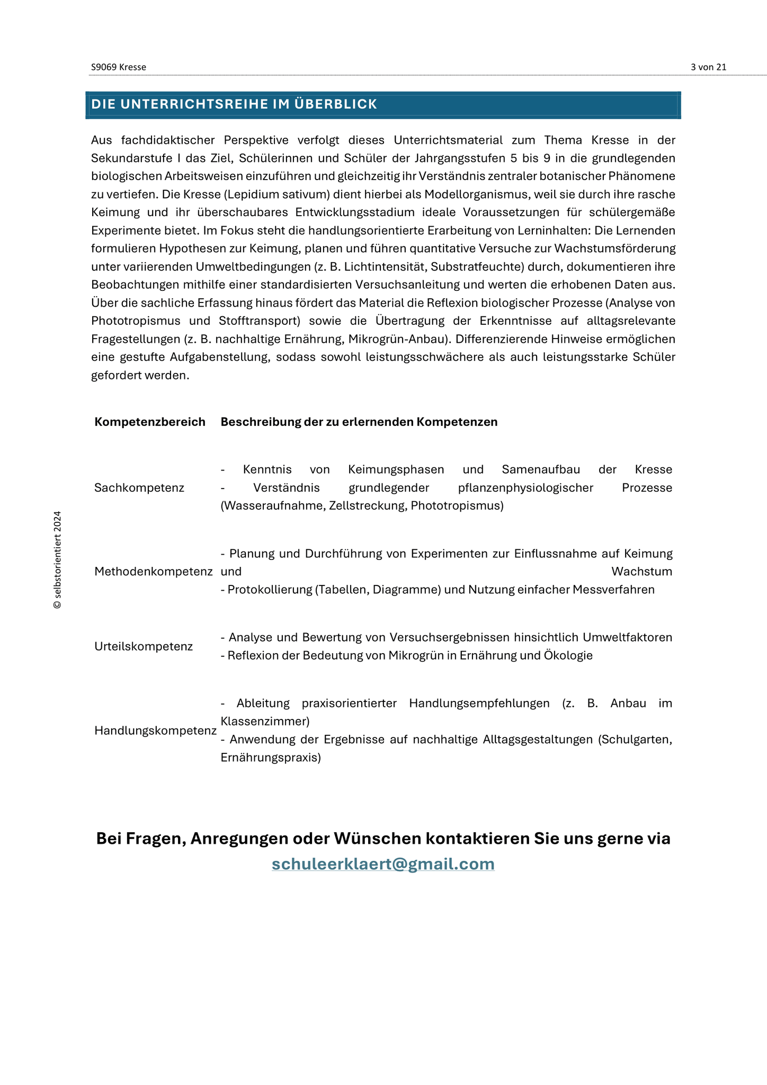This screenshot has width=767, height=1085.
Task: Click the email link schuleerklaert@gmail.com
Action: tap(383, 864)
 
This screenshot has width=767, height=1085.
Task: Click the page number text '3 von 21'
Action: tap(708, 67)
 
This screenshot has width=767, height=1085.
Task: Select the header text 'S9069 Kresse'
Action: tap(119, 67)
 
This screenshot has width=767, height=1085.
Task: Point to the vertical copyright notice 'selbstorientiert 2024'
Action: tap(58, 559)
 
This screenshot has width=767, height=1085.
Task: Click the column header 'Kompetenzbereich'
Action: tap(150, 422)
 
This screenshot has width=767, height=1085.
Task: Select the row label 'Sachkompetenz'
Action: tap(139, 487)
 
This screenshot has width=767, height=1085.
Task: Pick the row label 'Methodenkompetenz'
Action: tap(154, 572)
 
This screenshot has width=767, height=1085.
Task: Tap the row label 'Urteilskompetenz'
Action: tap(144, 646)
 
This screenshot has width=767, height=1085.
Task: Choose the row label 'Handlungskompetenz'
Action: tap(155, 731)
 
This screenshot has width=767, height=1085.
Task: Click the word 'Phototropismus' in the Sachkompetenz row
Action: tap(457, 505)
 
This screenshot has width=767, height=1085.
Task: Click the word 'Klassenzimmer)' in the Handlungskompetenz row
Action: tap(265, 721)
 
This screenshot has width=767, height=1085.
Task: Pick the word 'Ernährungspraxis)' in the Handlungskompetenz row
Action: tap(271, 758)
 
